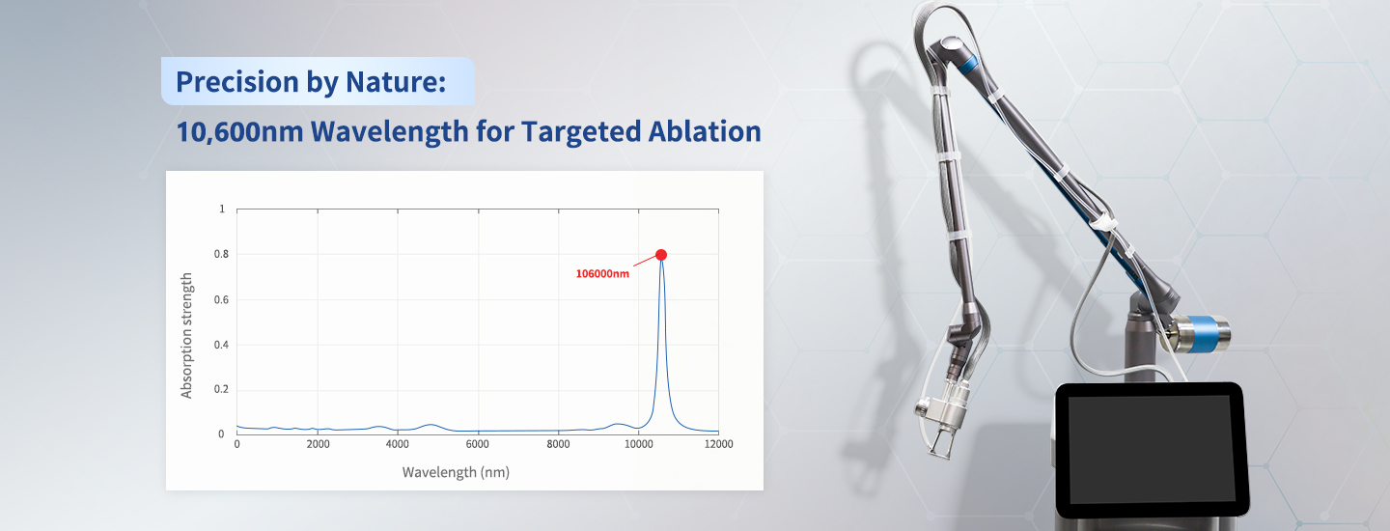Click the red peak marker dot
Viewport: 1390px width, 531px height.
[x=661, y=254]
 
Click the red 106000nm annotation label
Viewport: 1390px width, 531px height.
[x=602, y=274]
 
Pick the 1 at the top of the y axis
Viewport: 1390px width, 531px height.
[x=222, y=209]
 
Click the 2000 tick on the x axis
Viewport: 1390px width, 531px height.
[x=318, y=444]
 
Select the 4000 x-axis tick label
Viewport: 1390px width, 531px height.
[x=398, y=444]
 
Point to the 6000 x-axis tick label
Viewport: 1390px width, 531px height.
[x=478, y=444]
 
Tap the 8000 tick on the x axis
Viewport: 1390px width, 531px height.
[x=558, y=444]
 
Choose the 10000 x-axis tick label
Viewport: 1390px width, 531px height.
[x=638, y=444]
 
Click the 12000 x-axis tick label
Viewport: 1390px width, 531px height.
[x=718, y=444]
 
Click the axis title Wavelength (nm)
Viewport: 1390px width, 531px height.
[x=456, y=472]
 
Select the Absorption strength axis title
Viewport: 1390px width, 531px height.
[x=187, y=335]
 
